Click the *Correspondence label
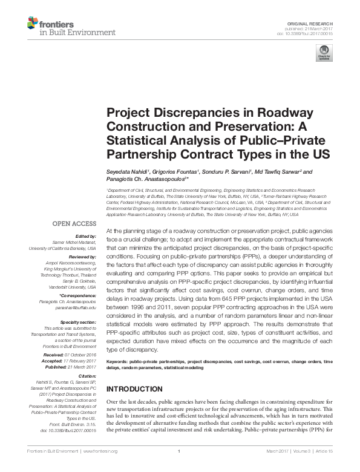pyautogui.click(x=78, y=295)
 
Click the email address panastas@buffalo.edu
pyautogui.click(x=74, y=306)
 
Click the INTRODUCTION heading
pyautogui.click(x=134, y=388)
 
